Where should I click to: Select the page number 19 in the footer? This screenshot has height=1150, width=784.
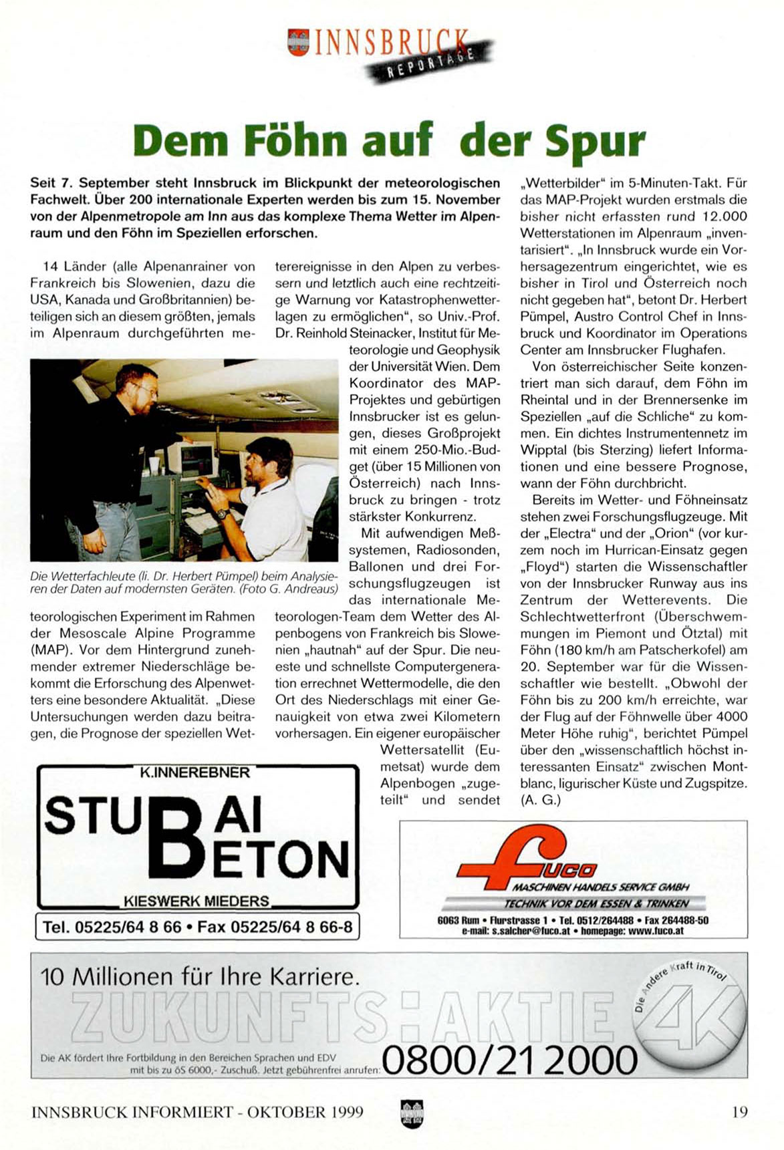[739, 1112]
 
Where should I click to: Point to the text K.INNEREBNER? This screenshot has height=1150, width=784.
[194, 773]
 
